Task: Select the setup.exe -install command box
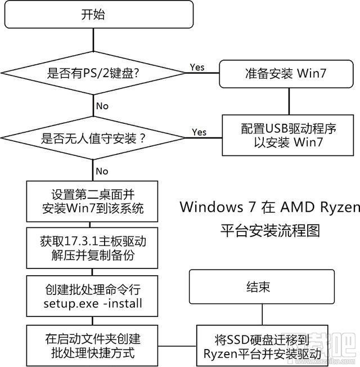93,297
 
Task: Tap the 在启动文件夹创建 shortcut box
93,345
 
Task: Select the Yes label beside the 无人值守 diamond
199,132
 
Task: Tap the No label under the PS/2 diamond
103,106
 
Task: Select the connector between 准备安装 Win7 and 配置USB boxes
290,101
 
